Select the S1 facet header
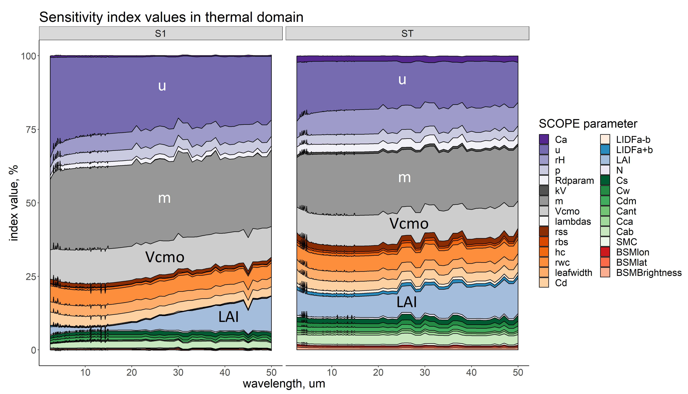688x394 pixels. coord(161,34)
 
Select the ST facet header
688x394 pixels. coord(407,34)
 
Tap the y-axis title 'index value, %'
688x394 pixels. coord(14,203)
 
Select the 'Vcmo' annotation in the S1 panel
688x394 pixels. coord(165,257)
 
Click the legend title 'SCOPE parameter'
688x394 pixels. coord(588,124)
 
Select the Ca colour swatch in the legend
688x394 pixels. coord(544,139)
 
